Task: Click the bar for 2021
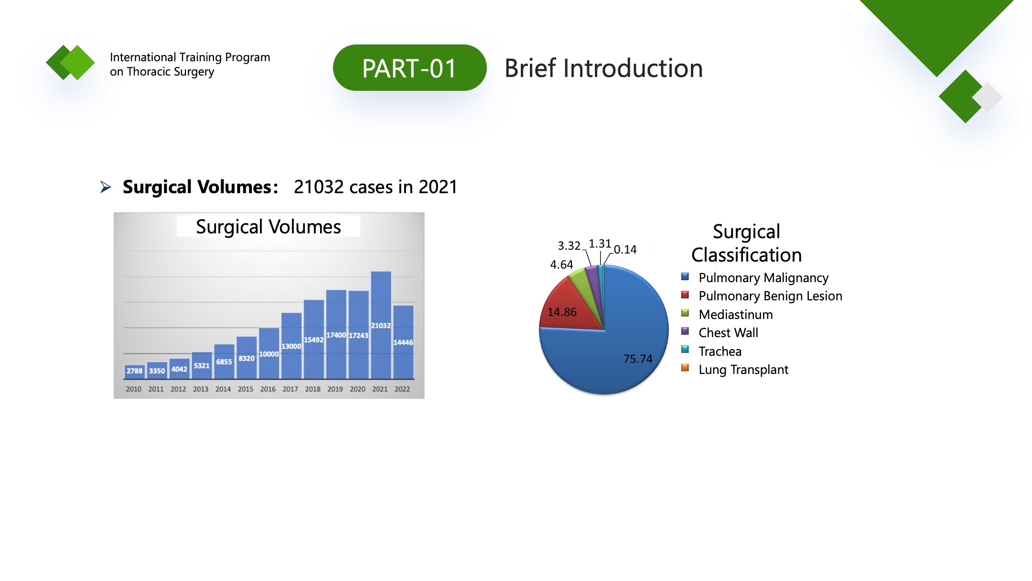point(381,325)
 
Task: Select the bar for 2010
point(134,372)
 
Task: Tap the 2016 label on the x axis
point(268,389)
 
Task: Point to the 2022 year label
point(402,389)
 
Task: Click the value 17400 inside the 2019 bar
point(336,335)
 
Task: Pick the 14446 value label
point(403,342)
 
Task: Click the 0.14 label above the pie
point(625,250)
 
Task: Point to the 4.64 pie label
point(561,265)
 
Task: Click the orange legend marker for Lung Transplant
point(685,368)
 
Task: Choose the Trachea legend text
point(720,351)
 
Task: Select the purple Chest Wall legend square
point(685,331)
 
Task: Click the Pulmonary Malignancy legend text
point(763,278)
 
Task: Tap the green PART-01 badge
point(409,68)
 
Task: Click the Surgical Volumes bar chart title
point(269,227)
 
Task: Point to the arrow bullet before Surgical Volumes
point(106,187)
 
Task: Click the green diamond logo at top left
point(70,63)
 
